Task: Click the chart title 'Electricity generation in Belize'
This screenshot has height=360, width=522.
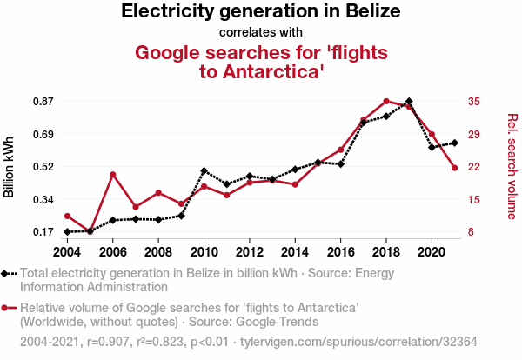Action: pyautogui.click(x=261, y=12)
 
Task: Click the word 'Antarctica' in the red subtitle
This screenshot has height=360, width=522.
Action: pyautogui.click(x=269, y=71)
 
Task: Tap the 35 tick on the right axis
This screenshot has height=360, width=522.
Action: pyautogui.click(x=473, y=102)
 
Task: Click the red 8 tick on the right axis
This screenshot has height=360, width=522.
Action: pyautogui.click(x=470, y=232)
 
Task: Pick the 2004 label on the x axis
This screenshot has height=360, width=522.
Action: pyautogui.click(x=67, y=252)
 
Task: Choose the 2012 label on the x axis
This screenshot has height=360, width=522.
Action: pyautogui.click(x=249, y=252)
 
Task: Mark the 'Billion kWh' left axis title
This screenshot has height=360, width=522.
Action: pyautogui.click(x=10, y=167)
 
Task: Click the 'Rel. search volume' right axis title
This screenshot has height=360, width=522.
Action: pyautogui.click(x=512, y=167)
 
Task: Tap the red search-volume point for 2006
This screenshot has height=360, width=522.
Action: pyautogui.click(x=113, y=174)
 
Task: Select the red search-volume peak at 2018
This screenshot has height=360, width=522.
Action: pyautogui.click(x=386, y=101)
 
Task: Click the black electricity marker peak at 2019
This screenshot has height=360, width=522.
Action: pyautogui.click(x=409, y=102)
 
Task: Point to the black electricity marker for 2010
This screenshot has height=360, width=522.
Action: pyautogui.click(x=204, y=170)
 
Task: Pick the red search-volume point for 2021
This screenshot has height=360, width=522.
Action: pyautogui.click(x=454, y=168)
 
